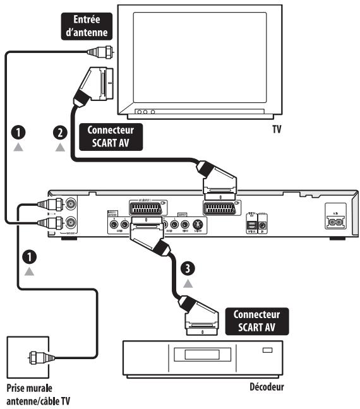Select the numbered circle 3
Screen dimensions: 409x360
point(186,268)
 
